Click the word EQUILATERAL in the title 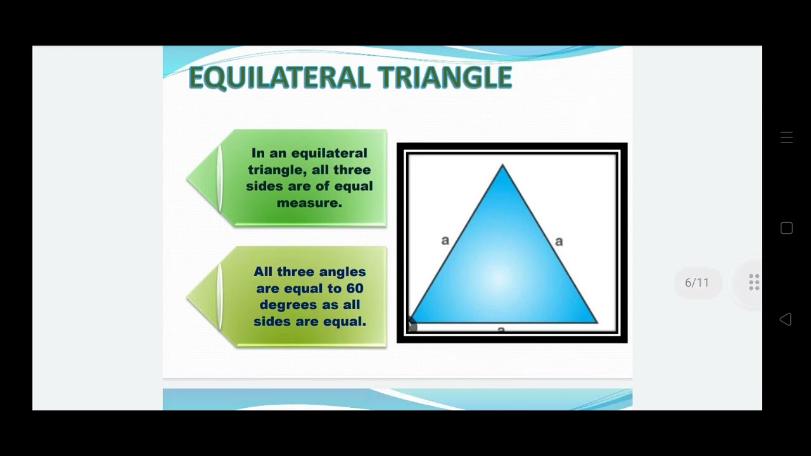[x=279, y=78]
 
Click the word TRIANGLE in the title [x=445, y=78]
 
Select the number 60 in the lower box [x=355, y=288]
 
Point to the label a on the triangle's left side [x=445, y=240]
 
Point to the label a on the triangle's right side [x=558, y=241]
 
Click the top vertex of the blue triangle [x=502, y=166]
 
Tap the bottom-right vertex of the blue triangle [x=596, y=322]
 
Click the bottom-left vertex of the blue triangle [x=410, y=322]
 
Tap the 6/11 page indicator [x=696, y=283]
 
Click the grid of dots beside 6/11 [x=754, y=282]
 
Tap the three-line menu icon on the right [x=786, y=137]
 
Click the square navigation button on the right [x=786, y=229]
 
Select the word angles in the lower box [x=342, y=272]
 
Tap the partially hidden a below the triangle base [x=501, y=329]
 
